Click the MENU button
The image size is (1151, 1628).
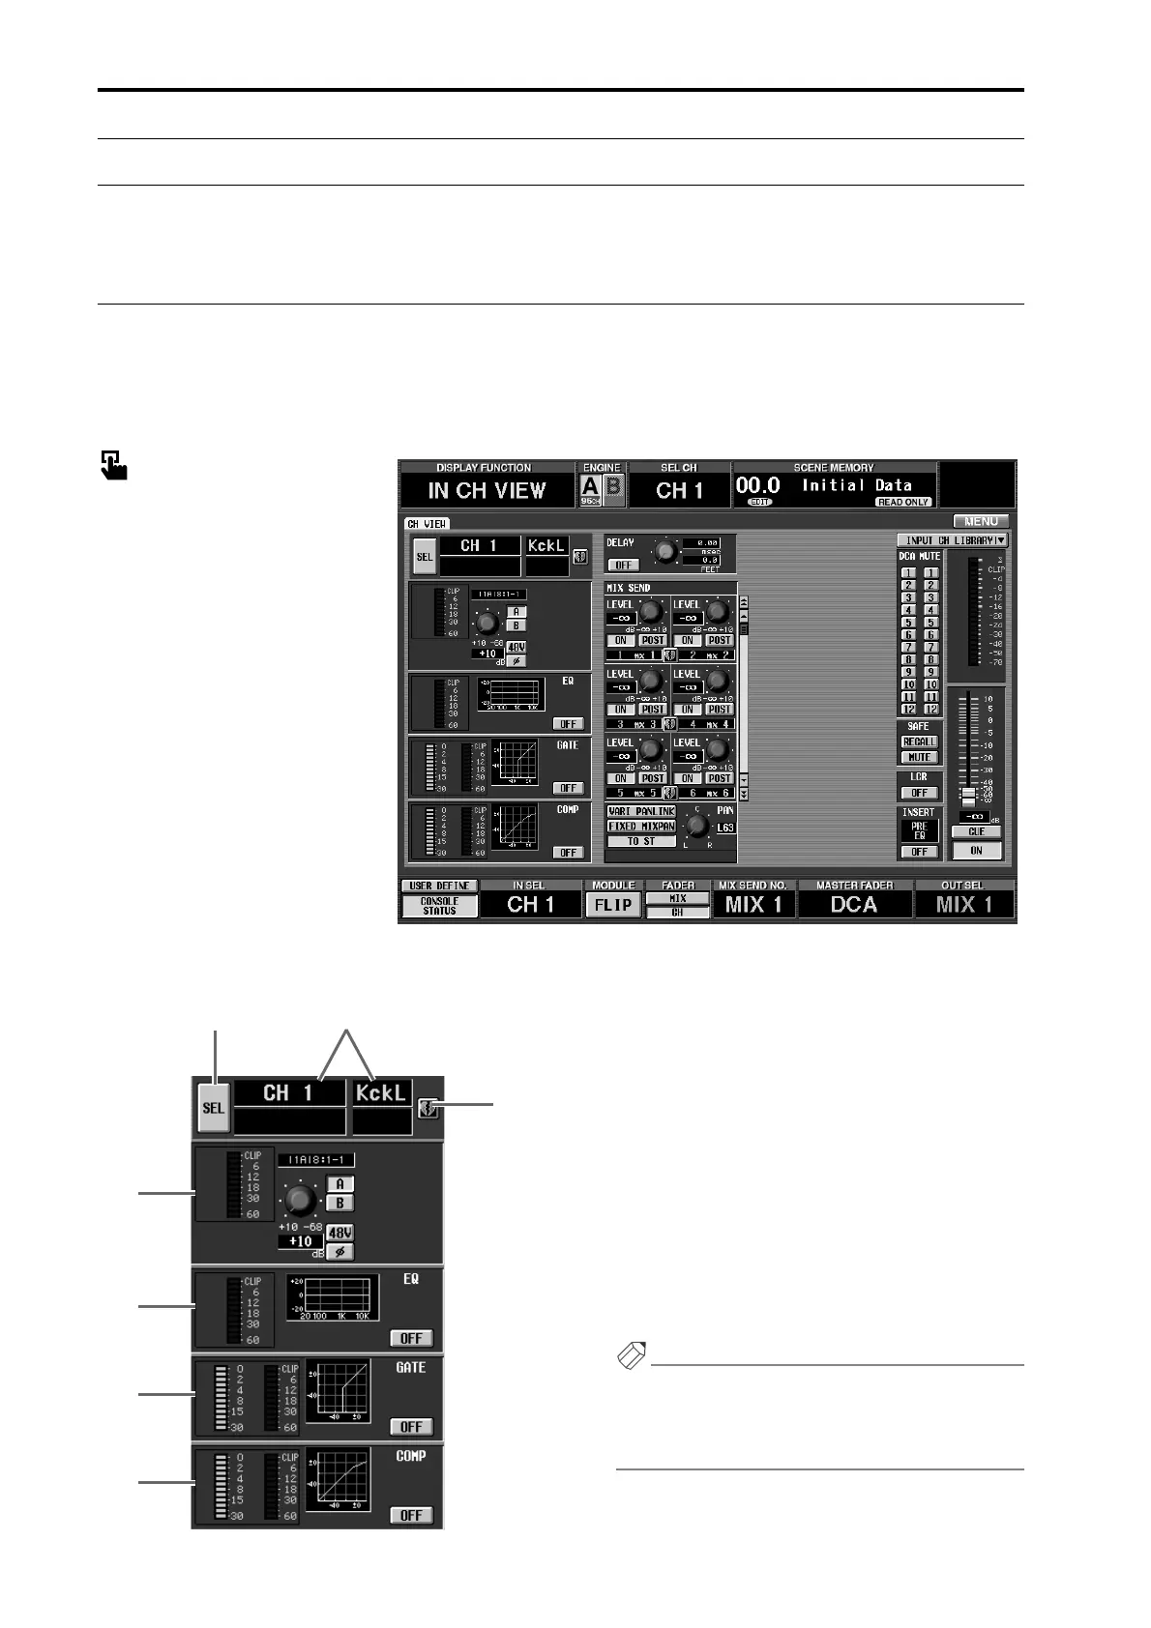(981, 521)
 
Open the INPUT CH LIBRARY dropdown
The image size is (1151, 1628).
(952, 540)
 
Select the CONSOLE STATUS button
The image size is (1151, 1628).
(439, 906)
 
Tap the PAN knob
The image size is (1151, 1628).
(695, 828)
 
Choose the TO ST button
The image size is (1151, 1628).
(640, 841)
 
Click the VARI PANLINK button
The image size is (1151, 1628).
(641, 812)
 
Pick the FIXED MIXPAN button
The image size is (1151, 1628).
(641, 827)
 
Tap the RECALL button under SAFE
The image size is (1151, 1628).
(919, 742)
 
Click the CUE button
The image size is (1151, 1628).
(976, 832)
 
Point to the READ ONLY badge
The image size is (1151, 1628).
(903, 503)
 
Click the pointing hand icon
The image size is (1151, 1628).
(114, 465)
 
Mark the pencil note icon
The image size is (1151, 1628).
(631, 1356)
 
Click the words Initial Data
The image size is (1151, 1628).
(856, 485)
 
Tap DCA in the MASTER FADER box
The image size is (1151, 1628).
(854, 905)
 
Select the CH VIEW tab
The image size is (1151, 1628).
(427, 524)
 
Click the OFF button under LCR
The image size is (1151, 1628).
(919, 793)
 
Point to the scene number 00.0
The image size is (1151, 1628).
(758, 485)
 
